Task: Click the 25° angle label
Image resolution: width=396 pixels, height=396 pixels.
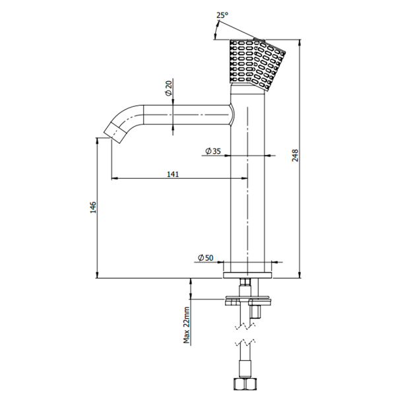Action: coord(222,15)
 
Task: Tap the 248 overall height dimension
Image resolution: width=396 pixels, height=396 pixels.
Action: coord(295,155)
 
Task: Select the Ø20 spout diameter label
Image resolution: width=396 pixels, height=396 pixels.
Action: coord(168,88)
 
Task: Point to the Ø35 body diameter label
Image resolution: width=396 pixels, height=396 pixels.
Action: coord(213,151)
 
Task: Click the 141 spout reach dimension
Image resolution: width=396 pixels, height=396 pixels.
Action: coord(173,174)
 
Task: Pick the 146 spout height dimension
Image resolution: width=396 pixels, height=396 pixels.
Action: coord(93,207)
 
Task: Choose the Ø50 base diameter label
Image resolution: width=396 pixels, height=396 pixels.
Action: coord(205,257)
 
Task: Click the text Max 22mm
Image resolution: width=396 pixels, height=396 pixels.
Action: coord(187,325)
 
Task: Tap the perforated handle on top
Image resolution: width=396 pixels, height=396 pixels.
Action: coord(257,64)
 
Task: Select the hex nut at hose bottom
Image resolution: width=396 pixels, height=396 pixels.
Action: coord(244,383)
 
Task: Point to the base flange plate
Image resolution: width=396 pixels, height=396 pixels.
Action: coord(247,275)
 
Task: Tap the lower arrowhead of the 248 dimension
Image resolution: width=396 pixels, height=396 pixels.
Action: coord(300,275)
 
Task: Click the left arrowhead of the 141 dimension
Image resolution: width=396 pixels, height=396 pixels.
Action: coord(115,178)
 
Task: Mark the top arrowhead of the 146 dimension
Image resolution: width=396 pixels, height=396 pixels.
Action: coord(97,141)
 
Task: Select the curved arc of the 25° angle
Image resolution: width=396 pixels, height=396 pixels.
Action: coord(216,30)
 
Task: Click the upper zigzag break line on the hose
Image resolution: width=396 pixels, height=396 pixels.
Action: coord(245,327)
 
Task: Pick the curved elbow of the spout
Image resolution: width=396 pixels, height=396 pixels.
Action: coord(126,117)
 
